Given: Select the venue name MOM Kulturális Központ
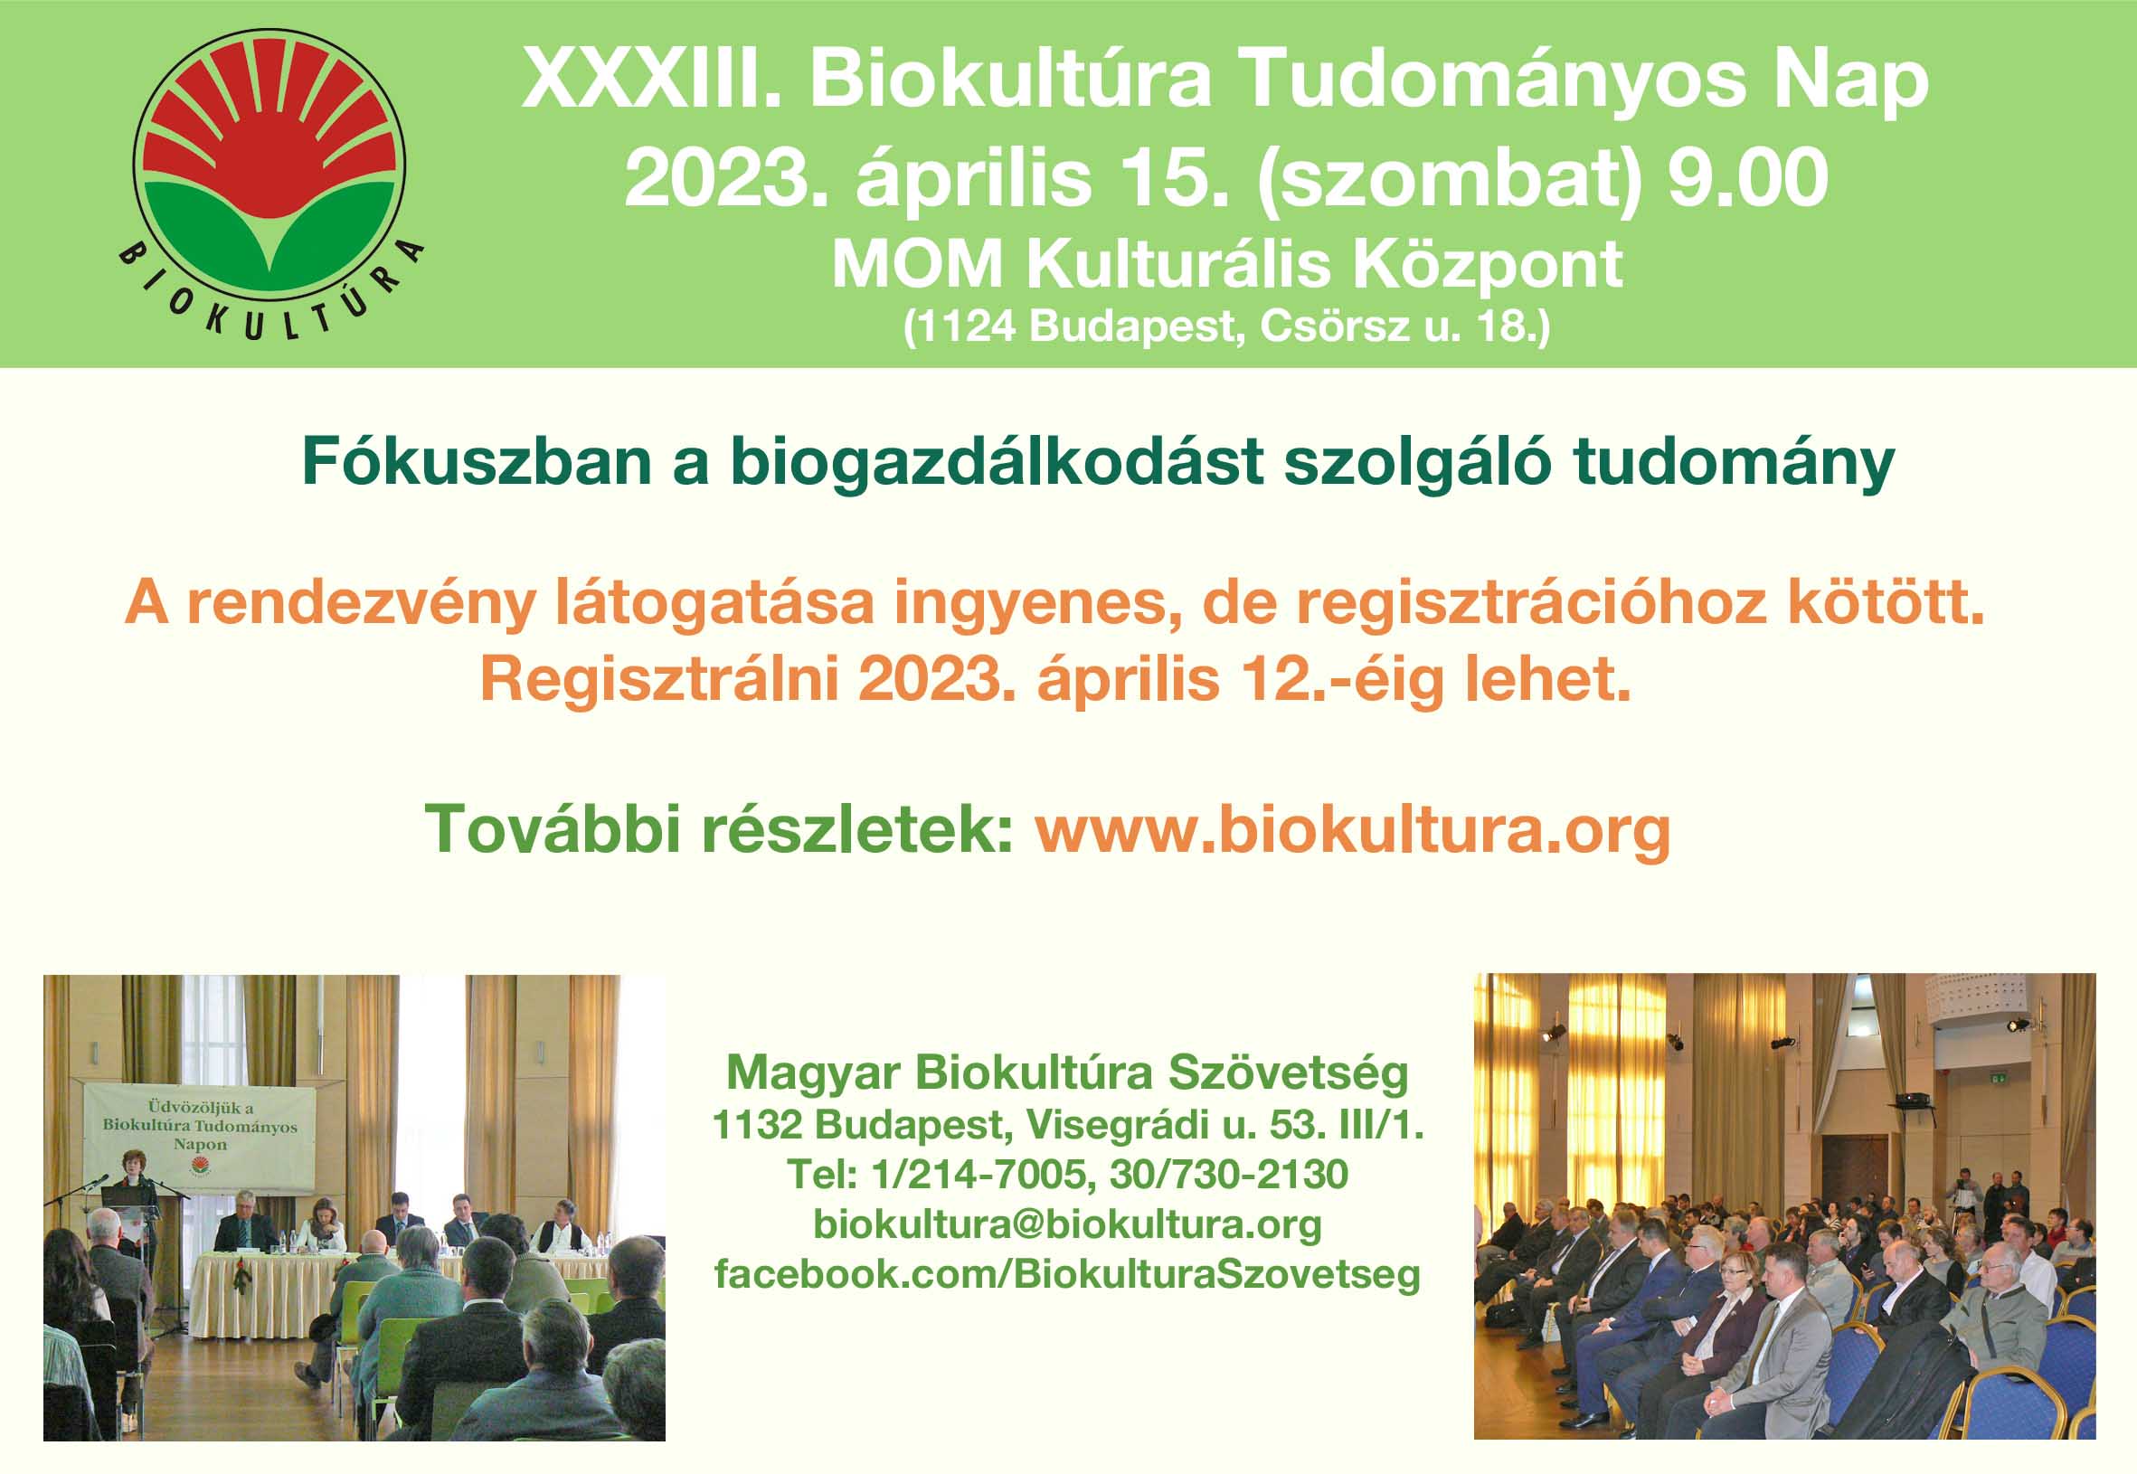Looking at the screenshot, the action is (1227, 265).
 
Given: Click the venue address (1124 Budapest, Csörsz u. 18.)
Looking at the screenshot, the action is (1226, 327).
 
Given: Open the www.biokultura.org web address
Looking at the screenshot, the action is (1353, 830).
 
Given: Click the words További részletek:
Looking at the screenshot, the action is (721, 828).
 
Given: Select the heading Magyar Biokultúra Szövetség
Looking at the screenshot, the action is (1067, 1073).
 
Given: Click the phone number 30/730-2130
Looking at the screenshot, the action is (1229, 1175).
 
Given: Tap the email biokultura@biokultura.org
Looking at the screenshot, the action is (1067, 1225).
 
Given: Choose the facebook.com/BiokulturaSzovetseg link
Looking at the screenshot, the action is (1067, 1274).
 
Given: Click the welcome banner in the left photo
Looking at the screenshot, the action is (201, 1138).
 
